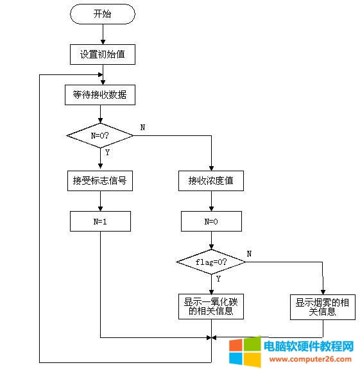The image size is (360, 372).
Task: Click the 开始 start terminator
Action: pyautogui.click(x=101, y=14)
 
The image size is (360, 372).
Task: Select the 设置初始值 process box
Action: pyautogui.click(x=101, y=55)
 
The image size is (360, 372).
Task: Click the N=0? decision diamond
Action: pyautogui.click(x=99, y=135)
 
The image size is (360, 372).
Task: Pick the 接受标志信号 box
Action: pyautogui.click(x=99, y=181)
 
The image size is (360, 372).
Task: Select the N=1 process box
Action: pyautogui.click(x=99, y=221)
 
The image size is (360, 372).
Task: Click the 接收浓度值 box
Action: pyautogui.click(x=210, y=182)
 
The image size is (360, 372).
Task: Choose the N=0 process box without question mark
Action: pyautogui.click(x=210, y=221)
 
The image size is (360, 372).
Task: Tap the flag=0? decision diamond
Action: pyautogui.click(x=210, y=262)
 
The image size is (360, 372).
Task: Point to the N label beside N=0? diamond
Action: pyautogui.click(x=142, y=128)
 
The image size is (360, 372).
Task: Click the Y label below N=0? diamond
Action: pyautogui.click(x=107, y=152)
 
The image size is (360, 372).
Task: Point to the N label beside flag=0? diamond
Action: pyautogui.click(x=249, y=254)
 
